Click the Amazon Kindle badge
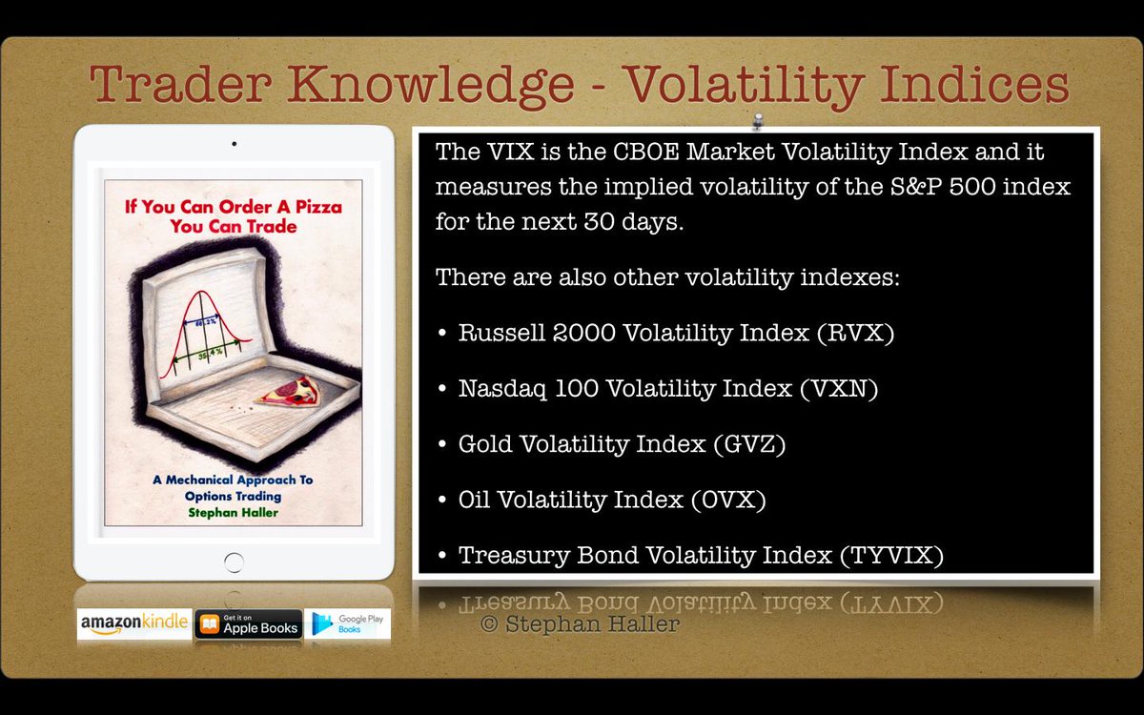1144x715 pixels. click(133, 623)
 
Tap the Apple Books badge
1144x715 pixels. click(249, 623)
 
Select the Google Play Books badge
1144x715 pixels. click(348, 623)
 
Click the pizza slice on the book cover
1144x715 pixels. click(293, 390)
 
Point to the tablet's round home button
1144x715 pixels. click(234, 563)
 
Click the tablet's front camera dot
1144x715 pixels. click(234, 144)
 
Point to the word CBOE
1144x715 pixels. click(623, 153)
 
